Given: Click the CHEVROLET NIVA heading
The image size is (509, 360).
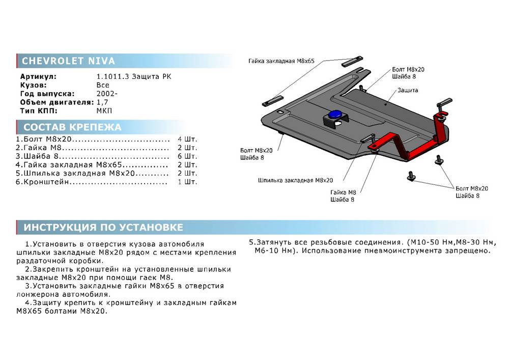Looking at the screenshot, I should click(x=68, y=61).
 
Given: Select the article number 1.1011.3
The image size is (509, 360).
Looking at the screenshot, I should click(x=109, y=76).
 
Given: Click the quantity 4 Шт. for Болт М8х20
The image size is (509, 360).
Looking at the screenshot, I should click(x=187, y=139).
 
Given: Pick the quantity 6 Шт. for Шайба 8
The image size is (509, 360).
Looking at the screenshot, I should click(x=187, y=156).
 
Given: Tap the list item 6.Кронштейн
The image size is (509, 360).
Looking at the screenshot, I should click(x=43, y=182).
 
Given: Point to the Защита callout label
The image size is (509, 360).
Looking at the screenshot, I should click(x=408, y=90).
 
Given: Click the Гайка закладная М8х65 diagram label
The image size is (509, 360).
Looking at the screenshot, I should click(x=281, y=61).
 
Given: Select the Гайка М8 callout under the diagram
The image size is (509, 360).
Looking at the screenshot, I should click(x=343, y=192).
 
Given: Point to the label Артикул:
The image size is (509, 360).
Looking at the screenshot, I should click(x=38, y=76).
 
